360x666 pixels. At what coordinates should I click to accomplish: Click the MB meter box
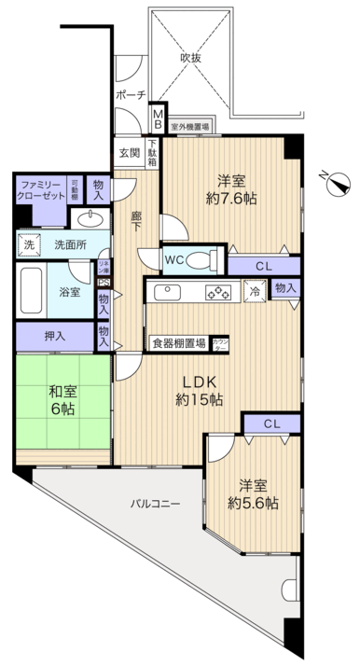pos(158,118)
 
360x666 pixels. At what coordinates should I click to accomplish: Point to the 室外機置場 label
pos(189,124)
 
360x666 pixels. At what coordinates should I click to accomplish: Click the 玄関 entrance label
pos(127,152)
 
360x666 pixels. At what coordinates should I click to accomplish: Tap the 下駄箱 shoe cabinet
pos(152,151)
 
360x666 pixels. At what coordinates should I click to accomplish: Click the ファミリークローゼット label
pos(43,190)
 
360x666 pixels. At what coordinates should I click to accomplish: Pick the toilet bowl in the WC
pos(201,258)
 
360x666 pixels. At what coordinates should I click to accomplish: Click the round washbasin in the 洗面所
pos(90,220)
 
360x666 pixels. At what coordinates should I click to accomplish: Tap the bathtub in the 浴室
pos(33,292)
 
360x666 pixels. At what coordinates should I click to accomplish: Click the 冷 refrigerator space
pos(254,291)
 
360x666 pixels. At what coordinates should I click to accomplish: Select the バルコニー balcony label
pos(155,503)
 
